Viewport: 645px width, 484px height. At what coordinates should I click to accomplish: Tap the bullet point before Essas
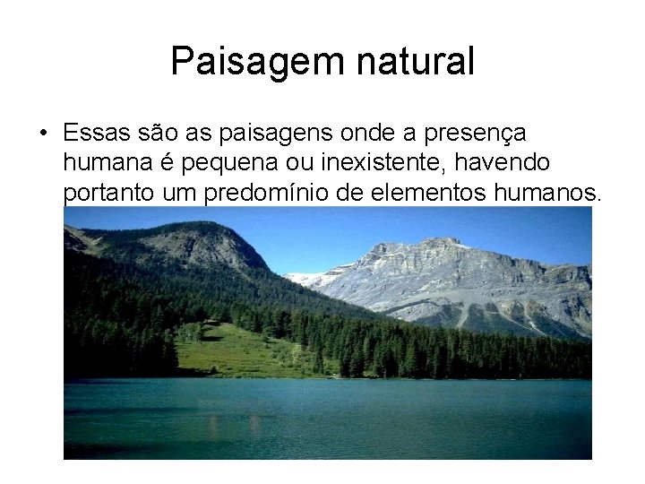pos(44,134)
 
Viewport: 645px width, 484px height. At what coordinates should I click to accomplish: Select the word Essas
pos(96,134)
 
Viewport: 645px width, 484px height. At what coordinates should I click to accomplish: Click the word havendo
pos(507,163)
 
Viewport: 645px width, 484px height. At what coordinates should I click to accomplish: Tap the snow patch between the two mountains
pos(309,277)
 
